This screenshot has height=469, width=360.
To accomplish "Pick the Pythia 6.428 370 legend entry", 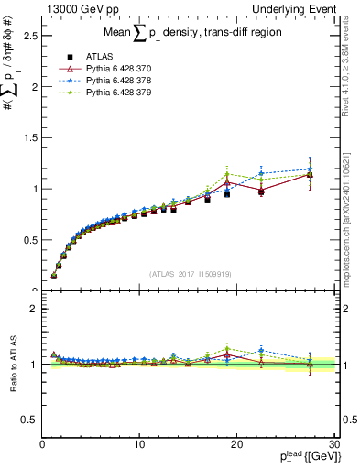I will tap(103, 68).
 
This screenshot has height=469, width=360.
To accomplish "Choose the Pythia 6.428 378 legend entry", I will tap(103, 80).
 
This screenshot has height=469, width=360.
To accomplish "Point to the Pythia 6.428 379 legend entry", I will tap(103, 92).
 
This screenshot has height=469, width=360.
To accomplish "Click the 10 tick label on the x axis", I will tap(139, 444).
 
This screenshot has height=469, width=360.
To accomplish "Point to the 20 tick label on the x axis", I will tap(236, 444).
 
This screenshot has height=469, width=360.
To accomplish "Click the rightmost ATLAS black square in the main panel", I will tap(310, 174).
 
